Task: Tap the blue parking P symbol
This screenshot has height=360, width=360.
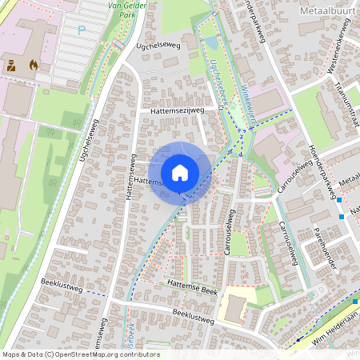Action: click(81, 30)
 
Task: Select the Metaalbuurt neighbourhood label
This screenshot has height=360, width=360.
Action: click(327, 11)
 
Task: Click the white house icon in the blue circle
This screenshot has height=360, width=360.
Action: click(179, 173)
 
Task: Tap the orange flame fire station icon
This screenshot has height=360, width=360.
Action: click(33, 63)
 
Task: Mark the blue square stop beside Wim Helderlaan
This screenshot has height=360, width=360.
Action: click(355, 301)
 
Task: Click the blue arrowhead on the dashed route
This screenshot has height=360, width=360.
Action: click(295, 338)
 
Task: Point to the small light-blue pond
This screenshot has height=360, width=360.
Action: click(210, 42)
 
